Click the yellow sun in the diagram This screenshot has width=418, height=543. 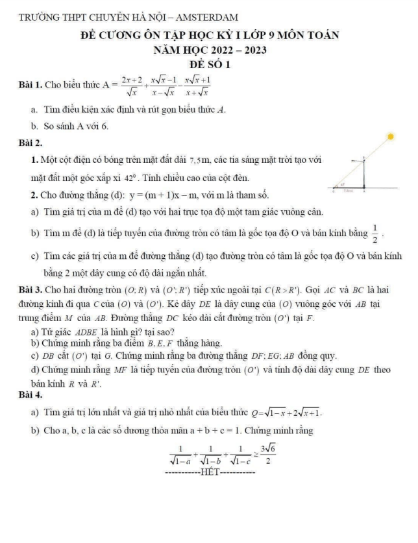(x=391, y=136)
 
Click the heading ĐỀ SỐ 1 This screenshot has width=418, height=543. (x=208, y=65)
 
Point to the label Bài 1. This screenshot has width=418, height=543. (x=31, y=83)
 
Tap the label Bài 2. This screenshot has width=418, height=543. (x=31, y=141)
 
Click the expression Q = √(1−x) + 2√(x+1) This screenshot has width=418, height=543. (x=284, y=411)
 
